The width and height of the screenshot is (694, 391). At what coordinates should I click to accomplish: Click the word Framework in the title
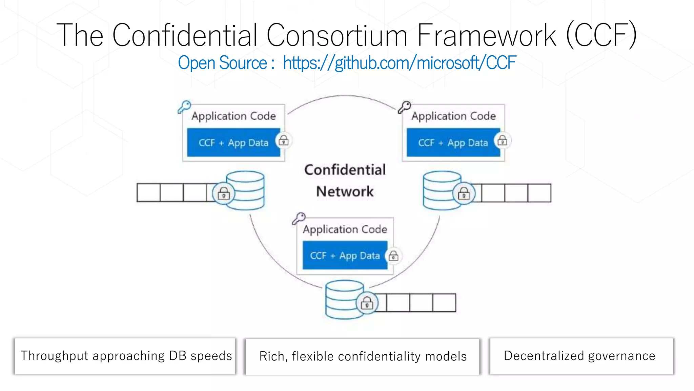click(486, 35)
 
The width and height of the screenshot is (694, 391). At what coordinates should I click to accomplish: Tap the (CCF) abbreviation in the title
click(601, 35)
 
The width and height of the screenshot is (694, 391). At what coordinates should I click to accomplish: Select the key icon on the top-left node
click(185, 107)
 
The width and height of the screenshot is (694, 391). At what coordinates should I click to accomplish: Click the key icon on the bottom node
click(299, 219)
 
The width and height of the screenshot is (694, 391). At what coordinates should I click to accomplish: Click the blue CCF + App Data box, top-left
click(233, 143)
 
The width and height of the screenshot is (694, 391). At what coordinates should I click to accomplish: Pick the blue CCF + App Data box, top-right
click(453, 143)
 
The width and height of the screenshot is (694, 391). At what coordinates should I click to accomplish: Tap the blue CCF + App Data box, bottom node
click(345, 255)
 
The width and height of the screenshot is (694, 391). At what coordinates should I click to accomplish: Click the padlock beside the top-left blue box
click(284, 140)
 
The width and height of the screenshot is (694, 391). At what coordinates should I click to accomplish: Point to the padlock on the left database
click(224, 193)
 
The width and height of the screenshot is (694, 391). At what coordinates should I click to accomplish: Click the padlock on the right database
click(464, 193)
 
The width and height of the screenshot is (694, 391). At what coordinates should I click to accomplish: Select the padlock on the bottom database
click(367, 303)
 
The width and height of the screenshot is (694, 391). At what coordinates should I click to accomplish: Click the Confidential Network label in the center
click(345, 181)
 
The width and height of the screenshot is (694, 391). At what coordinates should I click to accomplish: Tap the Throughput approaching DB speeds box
click(125, 356)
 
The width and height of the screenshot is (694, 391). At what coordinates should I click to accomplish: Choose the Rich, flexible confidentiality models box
click(363, 356)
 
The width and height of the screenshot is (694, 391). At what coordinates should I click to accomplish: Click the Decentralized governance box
click(581, 356)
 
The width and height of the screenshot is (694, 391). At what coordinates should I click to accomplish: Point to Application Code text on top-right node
click(453, 116)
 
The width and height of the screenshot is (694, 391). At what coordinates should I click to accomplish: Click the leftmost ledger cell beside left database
click(148, 193)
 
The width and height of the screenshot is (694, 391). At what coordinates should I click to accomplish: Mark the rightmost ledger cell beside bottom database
click(444, 303)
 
